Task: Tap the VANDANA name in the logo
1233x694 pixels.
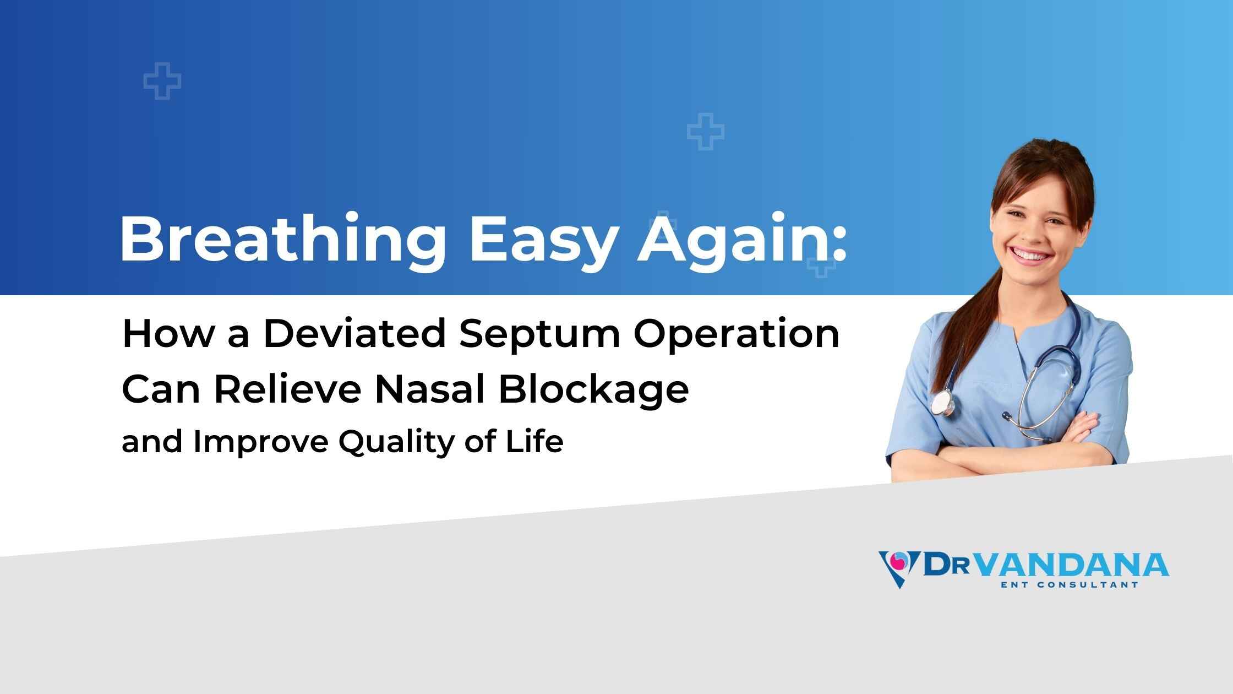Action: click(1071, 566)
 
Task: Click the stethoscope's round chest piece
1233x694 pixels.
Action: click(943, 403)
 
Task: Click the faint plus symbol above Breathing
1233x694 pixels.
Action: click(162, 82)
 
